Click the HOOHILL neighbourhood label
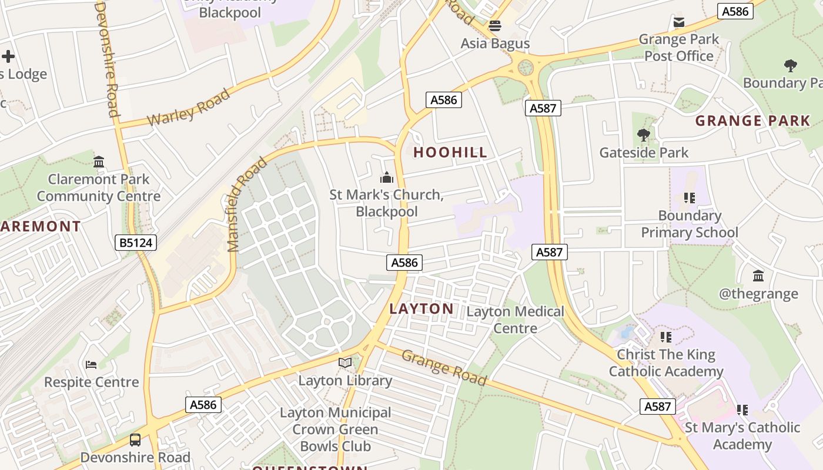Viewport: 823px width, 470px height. (x=450, y=152)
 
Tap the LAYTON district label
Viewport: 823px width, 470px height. (x=421, y=308)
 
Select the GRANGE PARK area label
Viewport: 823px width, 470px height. (x=752, y=121)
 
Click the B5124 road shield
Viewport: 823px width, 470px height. (x=136, y=242)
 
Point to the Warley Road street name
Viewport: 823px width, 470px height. (x=189, y=108)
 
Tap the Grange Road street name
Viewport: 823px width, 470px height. (x=444, y=367)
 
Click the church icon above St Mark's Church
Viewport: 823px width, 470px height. (x=386, y=177)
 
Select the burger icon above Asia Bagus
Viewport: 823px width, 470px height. (x=495, y=26)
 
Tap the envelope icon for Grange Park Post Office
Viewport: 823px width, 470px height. (x=679, y=22)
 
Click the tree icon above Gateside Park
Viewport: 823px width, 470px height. (x=644, y=135)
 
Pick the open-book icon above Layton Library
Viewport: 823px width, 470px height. (x=345, y=363)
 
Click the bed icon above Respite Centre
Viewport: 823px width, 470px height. (x=91, y=365)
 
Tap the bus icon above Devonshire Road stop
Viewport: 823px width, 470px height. (x=135, y=439)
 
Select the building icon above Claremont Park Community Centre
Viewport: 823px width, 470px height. (x=99, y=162)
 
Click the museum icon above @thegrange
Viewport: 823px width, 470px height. (x=758, y=276)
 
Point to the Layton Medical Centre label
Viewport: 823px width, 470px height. (x=515, y=320)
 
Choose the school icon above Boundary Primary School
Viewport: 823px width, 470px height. (x=689, y=198)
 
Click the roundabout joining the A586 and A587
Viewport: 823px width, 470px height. (x=525, y=66)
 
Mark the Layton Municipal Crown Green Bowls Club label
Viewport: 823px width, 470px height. (x=335, y=429)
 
